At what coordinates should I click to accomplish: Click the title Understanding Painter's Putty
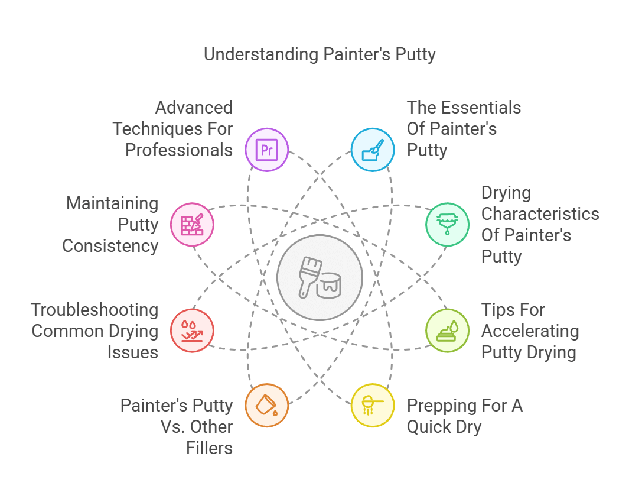tap(320, 54)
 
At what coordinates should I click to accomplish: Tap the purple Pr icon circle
tap(267, 150)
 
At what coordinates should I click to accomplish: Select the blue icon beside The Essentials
tap(373, 150)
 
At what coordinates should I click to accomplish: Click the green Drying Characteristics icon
tap(448, 225)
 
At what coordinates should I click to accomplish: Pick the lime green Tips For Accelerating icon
tap(448, 331)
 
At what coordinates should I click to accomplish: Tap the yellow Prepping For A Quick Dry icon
tap(373, 405)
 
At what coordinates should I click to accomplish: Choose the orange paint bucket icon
tap(267, 405)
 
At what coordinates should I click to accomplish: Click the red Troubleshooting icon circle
tap(192, 331)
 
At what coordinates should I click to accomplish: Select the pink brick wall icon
tap(192, 225)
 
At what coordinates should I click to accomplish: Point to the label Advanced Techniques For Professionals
tap(173, 129)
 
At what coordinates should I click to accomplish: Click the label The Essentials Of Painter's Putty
tap(464, 129)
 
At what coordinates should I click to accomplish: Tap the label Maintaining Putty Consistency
tap(111, 225)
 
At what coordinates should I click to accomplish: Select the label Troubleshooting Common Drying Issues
tap(95, 331)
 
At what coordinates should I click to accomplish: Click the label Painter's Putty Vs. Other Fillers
tap(177, 427)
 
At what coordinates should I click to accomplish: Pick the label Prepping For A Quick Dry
tap(464, 416)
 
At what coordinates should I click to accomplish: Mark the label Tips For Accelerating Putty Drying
tap(529, 331)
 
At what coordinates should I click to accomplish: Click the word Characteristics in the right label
tap(540, 214)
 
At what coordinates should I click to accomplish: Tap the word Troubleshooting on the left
tap(95, 310)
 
